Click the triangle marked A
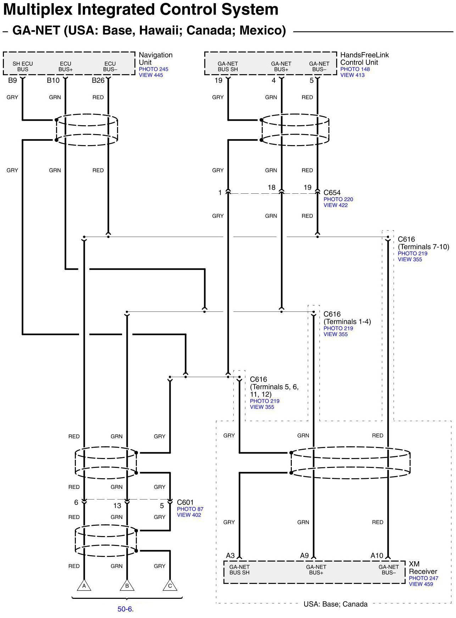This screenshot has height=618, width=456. point(84,586)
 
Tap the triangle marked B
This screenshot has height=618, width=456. point(127,586)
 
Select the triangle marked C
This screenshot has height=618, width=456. point(170,586)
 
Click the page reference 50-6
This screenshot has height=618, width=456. point(125,609)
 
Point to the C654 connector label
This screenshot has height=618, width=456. point(332,193)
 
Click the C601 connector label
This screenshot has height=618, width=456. point(185,502)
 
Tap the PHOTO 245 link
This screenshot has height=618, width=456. point(153,69)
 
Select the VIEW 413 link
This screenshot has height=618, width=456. point(352,75)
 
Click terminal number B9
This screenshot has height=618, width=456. point(12,81)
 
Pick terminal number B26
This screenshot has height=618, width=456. point(98,81)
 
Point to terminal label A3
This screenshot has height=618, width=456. point(230,556)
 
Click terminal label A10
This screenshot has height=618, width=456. point(377,556)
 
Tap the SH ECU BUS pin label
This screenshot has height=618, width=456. point(23,66)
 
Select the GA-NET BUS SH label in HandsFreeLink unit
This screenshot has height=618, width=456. point(228,66)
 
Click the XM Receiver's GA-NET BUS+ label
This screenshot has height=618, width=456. point(316,570)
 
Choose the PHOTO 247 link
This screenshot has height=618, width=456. point(423,578)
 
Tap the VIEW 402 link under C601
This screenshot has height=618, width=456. point(189,515)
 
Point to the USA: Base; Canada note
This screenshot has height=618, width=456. point(335,604)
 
